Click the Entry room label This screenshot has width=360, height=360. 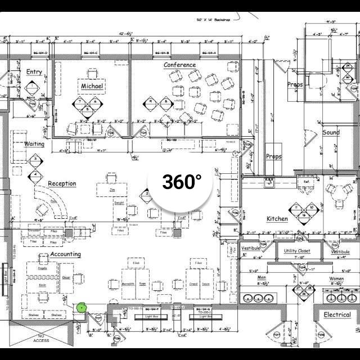pos(34,71)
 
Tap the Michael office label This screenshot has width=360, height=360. pos(92,86)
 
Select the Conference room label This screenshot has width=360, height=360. pos(180,65)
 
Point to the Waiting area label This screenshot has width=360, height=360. pos(34,144)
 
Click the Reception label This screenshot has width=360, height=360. pos(62,183)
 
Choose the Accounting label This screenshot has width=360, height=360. pos(65,254)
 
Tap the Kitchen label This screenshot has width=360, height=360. pos(277,219)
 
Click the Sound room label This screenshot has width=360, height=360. pos(331,132)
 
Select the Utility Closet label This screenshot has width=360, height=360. pos(296,251)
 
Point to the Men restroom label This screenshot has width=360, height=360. pos(262,278)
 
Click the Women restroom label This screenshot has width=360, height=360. pos(336,278)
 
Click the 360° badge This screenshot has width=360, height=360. pos(182,182)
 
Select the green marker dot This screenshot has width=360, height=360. pos(82,307)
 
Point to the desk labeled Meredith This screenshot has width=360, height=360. pos(128,284)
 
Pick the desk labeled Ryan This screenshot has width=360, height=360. pos(142,284)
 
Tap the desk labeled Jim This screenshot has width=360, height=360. pos(112,190)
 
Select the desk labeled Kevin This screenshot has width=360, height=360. pos(42,286)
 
